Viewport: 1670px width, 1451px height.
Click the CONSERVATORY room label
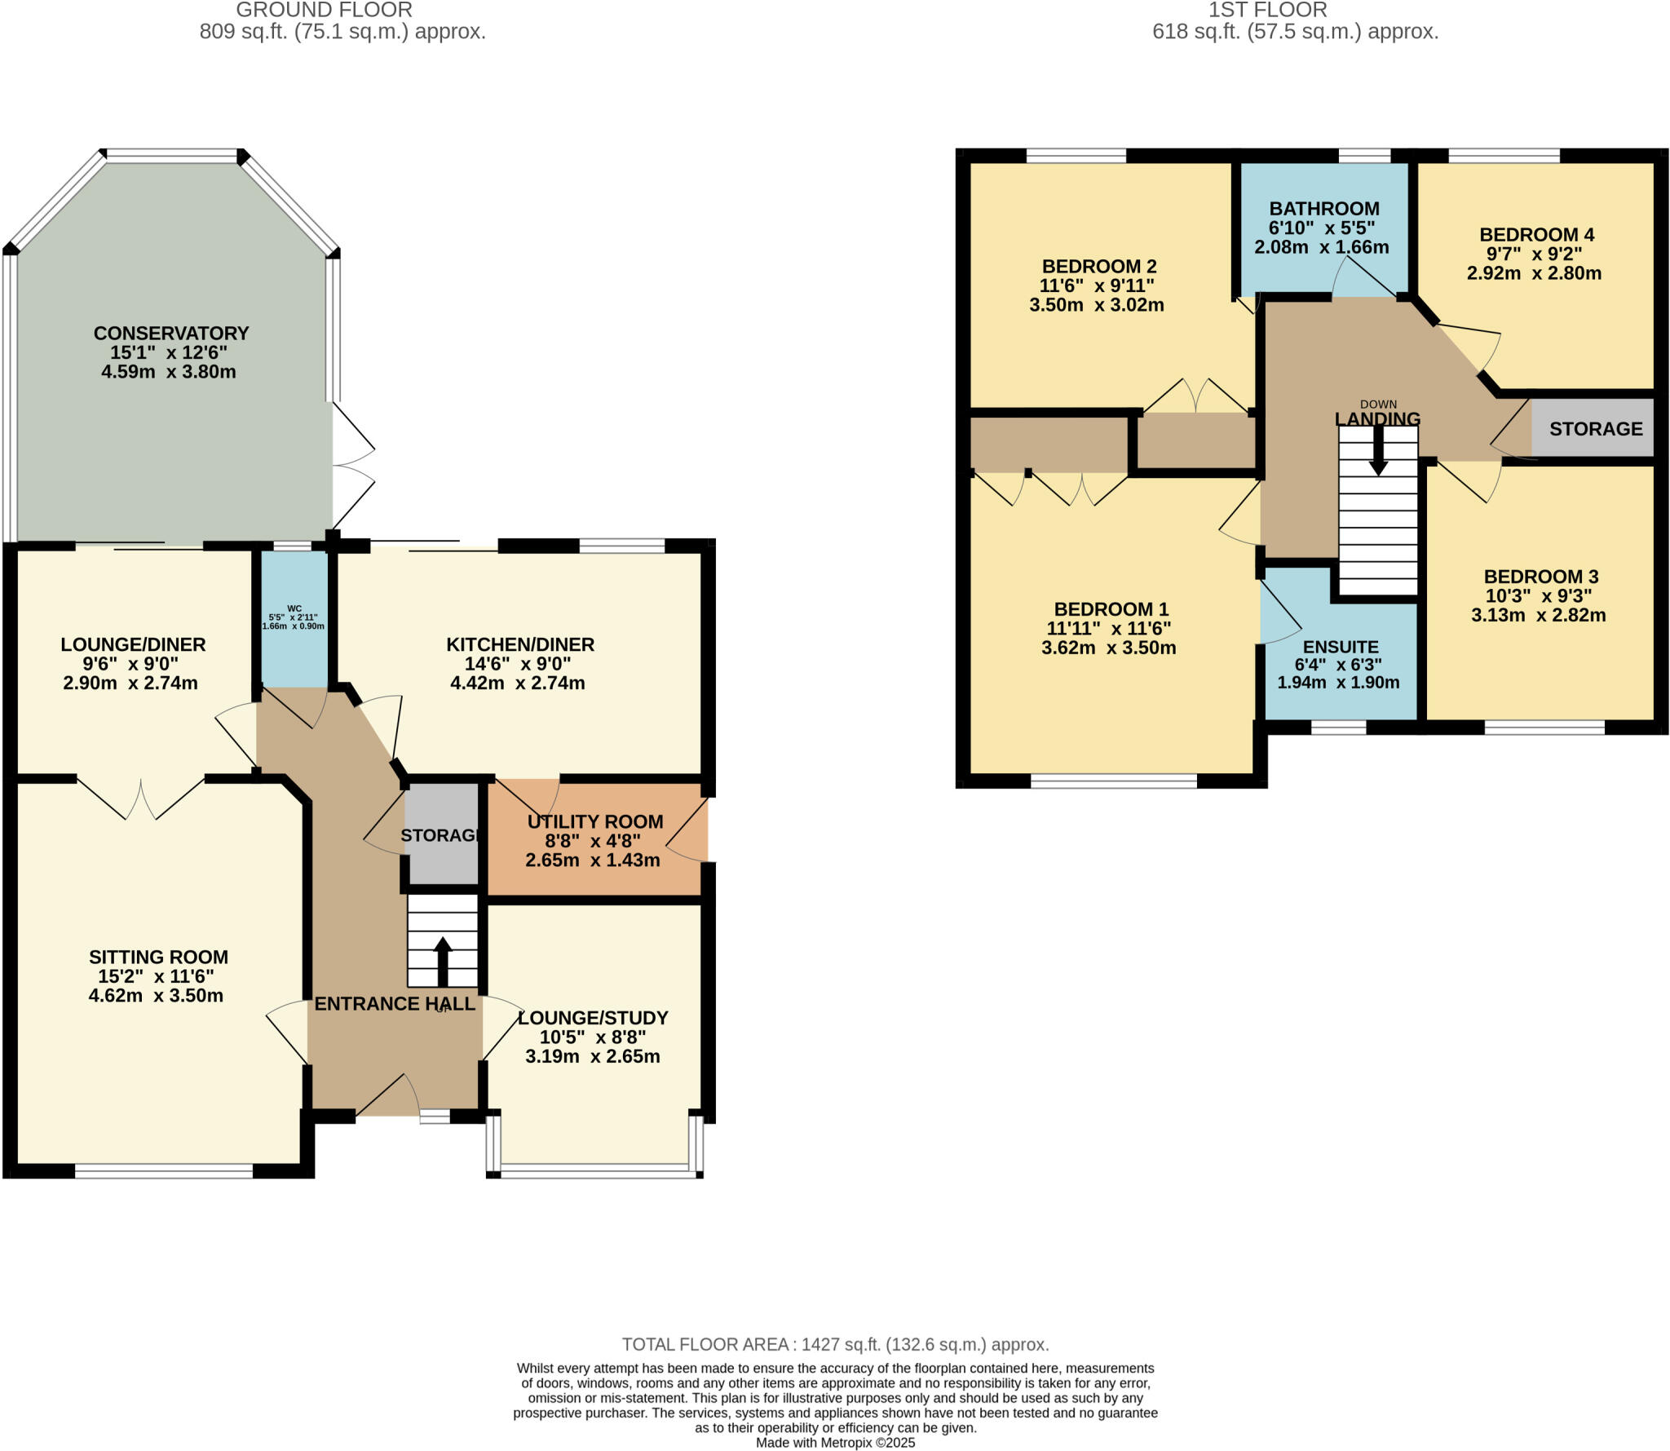(x=171, y=333)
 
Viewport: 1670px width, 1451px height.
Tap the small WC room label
(x=294, y=608)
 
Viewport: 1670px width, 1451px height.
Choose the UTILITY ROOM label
(x=594, y=821)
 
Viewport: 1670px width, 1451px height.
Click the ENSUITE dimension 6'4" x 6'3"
(x=1338, y=664)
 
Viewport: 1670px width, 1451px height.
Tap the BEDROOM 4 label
(x=1536, y=234)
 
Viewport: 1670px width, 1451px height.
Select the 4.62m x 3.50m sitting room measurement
(x=156, y=995)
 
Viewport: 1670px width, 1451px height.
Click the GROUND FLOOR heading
(x=324, y=11)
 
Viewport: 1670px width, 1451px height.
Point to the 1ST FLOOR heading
(x=1267, y=11)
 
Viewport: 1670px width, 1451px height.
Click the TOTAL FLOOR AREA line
(x=835, y=1344)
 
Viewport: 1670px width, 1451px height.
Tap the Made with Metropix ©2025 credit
(x=835, y=1442)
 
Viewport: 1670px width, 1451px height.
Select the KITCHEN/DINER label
(x=520, y=644)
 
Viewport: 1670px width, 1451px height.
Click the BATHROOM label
(x=1323, y=208)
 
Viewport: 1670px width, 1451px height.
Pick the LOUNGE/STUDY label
(x=594, y=1018)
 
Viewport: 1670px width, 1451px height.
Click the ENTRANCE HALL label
(x=395, y=1004)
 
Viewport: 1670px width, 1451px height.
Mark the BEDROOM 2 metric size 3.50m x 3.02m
(x=1096, y=305)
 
